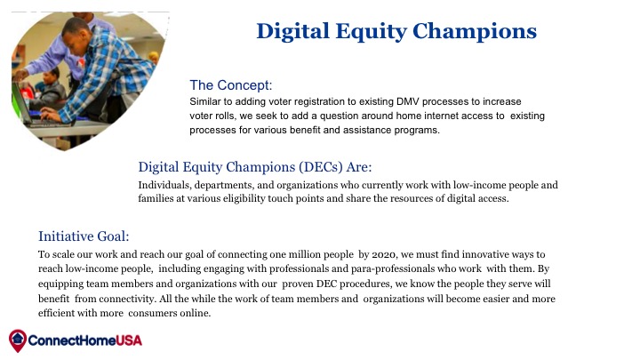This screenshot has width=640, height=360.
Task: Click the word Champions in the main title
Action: tap(475, 32)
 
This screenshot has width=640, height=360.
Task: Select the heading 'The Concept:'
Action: tap(230, 85)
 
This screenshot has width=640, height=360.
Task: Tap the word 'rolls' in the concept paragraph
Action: tap(225, 116)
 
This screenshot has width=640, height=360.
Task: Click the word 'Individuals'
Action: tap(164, 185)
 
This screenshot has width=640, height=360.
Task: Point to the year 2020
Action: tap(384, 255)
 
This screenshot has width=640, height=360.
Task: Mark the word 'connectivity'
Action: tap(127, 299)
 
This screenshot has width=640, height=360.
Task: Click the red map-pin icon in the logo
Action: tap(18, 340)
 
